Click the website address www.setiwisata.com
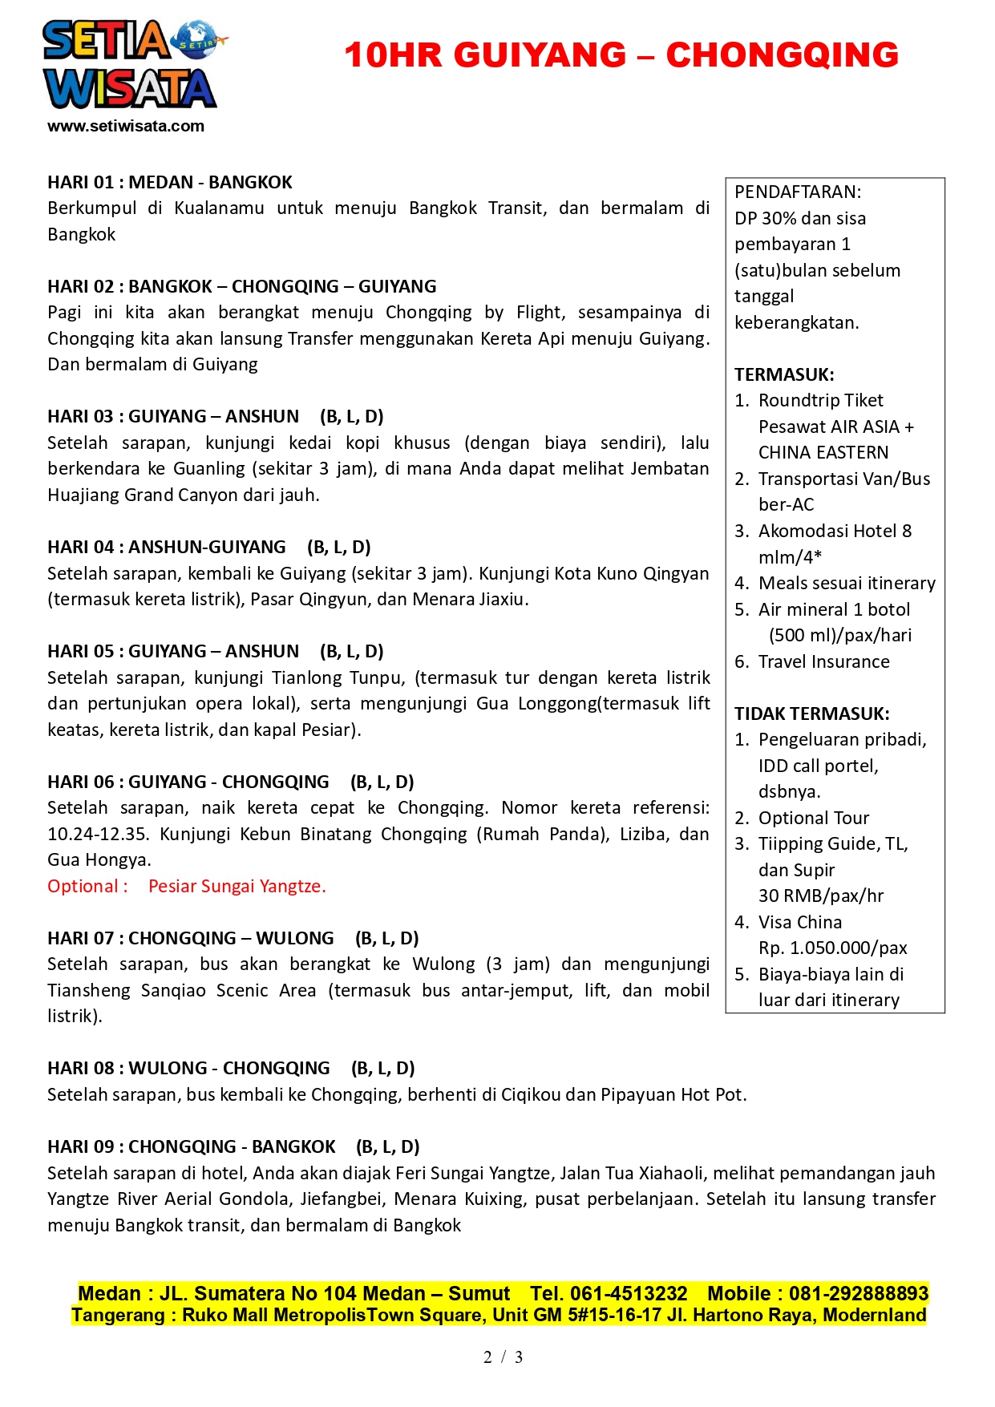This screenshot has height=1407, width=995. (x=126, y=126)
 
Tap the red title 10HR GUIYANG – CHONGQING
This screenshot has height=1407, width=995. (x=621, y=55)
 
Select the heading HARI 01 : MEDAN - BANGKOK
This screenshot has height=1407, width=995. (x=170, y=183)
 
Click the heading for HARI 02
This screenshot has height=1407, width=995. (x=242, y=287)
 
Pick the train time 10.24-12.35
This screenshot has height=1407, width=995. (x=98, y=834)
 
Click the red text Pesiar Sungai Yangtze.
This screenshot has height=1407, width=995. (x=237, y=886)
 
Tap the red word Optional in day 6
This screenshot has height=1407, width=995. (x=83, y=886)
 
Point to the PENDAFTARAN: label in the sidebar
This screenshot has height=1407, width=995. (x=798, y=192)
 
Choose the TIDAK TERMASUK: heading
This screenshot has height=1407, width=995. (x=811, y=714)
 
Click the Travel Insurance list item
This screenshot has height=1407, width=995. (x=823, y=661)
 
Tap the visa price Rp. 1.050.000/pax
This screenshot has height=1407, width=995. (x=832, y=948)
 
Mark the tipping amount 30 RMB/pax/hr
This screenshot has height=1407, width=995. (x=820, y=896)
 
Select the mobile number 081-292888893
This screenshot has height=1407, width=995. (x=858, y=1293)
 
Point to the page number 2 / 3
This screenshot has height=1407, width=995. (x=503, y=1356)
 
